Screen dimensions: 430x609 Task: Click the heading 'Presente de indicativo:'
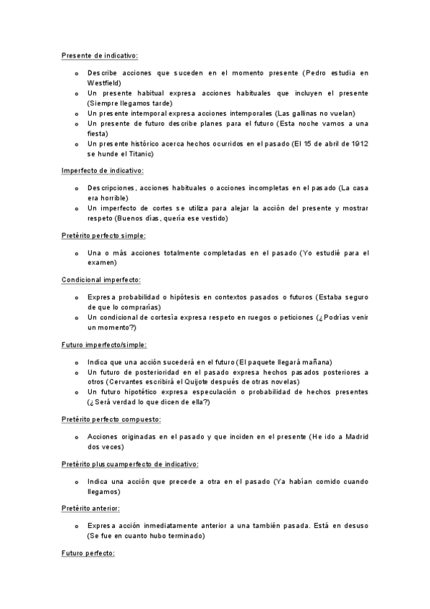click(100, 55)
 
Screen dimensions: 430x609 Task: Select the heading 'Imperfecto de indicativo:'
click(103, 170)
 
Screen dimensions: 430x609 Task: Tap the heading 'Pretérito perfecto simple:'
click(104, 235)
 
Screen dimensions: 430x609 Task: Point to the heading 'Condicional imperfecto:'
click(101, 279)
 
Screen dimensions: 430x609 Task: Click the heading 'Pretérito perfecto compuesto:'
click(111, 419)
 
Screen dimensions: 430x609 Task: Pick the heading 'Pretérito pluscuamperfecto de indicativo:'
click(130, 464)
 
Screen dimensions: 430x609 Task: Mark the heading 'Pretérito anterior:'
click(90, 508)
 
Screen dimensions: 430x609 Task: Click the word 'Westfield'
click(104, 83)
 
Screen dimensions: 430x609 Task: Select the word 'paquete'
click(260, 362)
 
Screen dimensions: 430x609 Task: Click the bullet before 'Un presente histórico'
click(77, 144)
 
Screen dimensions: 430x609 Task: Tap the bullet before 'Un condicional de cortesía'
click(77, 317)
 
